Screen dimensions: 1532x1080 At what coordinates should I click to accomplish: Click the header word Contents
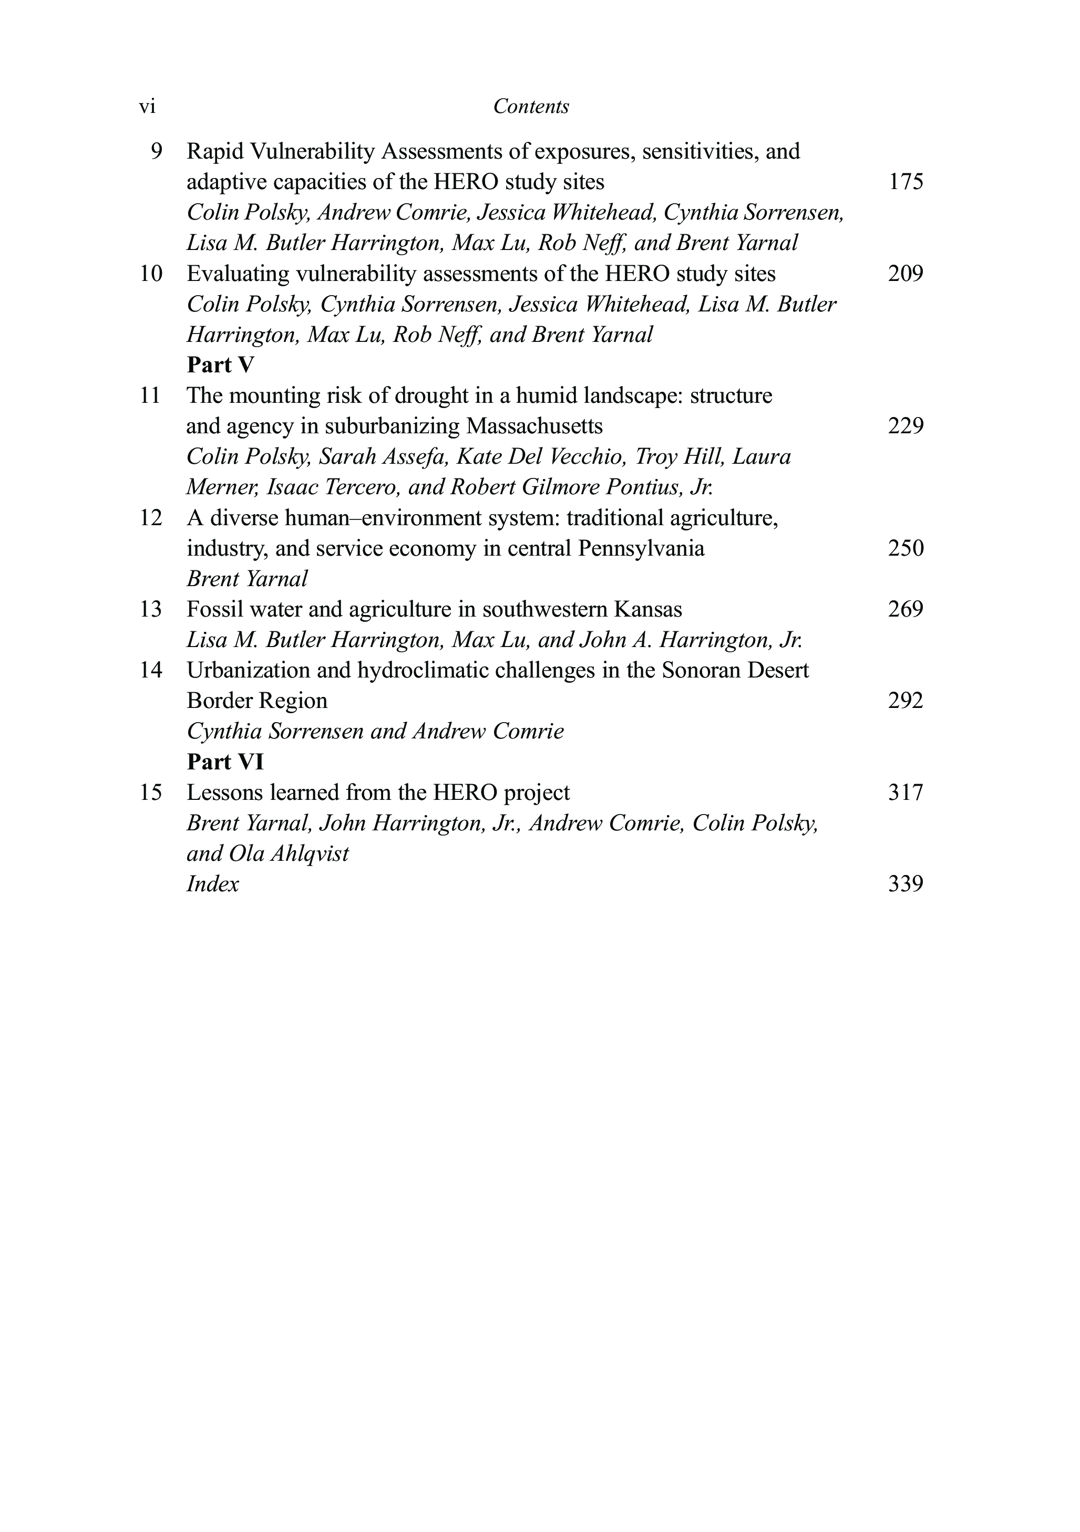coord(531,107)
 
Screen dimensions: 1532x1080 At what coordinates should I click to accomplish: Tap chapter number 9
coord(156,151)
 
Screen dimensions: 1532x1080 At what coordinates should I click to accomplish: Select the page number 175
coord(906,182)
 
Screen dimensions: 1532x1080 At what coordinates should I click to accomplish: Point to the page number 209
coord(906,274)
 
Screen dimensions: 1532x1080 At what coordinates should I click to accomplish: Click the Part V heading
coord(220,365)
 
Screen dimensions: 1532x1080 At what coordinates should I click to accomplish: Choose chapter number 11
coord(150,395)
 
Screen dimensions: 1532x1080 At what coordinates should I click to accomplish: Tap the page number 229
coord(906,426)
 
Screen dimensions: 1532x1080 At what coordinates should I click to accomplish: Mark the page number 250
coord(906,548)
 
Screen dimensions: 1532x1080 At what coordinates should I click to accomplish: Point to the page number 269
coord(906,610)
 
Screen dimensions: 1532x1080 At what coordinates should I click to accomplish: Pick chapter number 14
coord(150,671)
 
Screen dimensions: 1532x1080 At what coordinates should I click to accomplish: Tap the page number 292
coord(906,701)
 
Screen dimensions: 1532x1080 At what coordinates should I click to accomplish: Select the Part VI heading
coord(225,762)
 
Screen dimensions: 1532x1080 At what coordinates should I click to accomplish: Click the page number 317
coord(906,793)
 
